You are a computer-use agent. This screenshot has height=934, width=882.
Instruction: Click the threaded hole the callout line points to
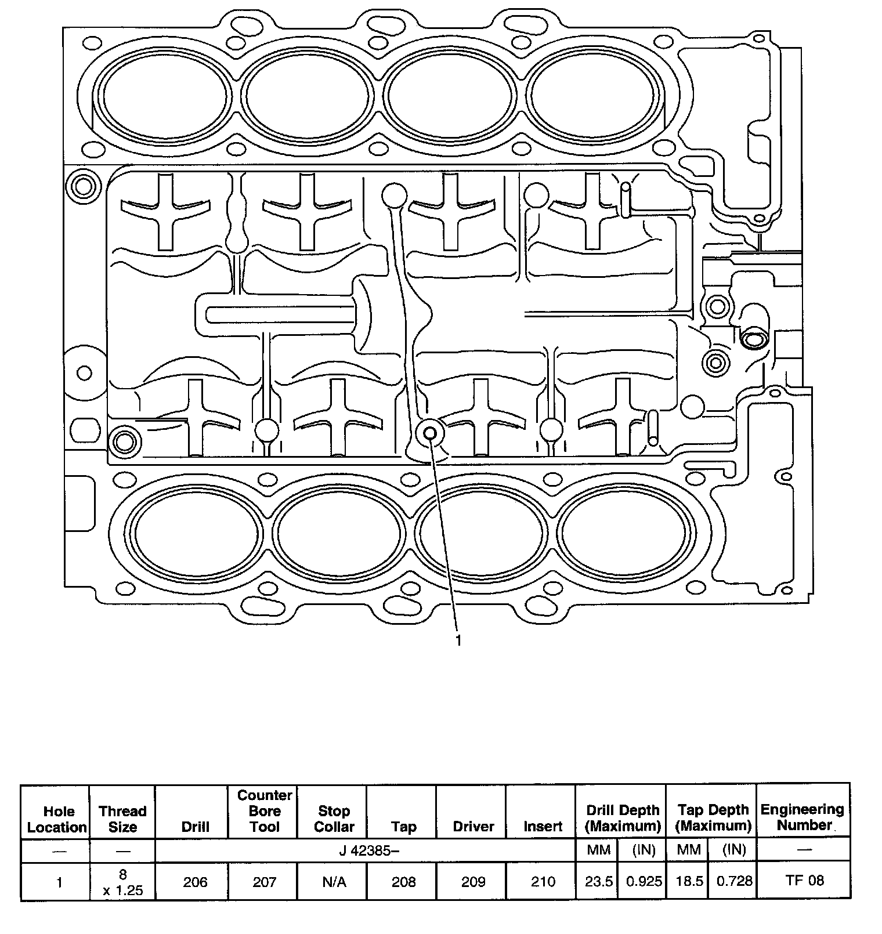[x=430, y=432]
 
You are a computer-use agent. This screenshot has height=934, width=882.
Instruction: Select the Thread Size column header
[x=122, y=819]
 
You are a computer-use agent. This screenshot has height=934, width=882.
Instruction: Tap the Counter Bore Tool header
[x=265, y=811]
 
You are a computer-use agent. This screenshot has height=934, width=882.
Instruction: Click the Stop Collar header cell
[x=334, y=819]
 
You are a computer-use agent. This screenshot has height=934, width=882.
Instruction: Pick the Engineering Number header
[x=803, y=817]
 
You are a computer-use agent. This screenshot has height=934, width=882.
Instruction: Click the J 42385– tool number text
[x=366, y=850]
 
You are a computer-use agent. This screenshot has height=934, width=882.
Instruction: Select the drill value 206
[x=195, y=882]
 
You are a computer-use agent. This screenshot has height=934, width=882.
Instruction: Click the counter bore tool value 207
[x=265, y=882]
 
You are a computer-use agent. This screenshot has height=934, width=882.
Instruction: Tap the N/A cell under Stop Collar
[x=334, y=882]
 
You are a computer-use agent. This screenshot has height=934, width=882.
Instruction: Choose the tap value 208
[x=403, y=882]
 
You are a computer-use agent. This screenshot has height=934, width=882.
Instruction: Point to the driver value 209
[x=473, y=882]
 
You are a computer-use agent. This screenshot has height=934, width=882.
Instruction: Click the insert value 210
[x=543, y=882]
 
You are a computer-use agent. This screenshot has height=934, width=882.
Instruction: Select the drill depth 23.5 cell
[x=598, y=881]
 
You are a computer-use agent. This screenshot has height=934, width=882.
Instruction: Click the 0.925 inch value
[x=644, y=881]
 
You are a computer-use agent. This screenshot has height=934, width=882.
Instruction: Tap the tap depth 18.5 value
[x=689, y=881]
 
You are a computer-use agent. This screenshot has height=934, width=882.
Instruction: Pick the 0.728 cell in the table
[x=734, y=881]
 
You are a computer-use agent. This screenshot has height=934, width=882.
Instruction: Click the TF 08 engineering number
[x=804, y=880]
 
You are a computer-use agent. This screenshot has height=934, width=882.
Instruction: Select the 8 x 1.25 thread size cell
[x=122, y=882]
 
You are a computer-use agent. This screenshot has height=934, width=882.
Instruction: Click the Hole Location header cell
[x=58, y=819]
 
